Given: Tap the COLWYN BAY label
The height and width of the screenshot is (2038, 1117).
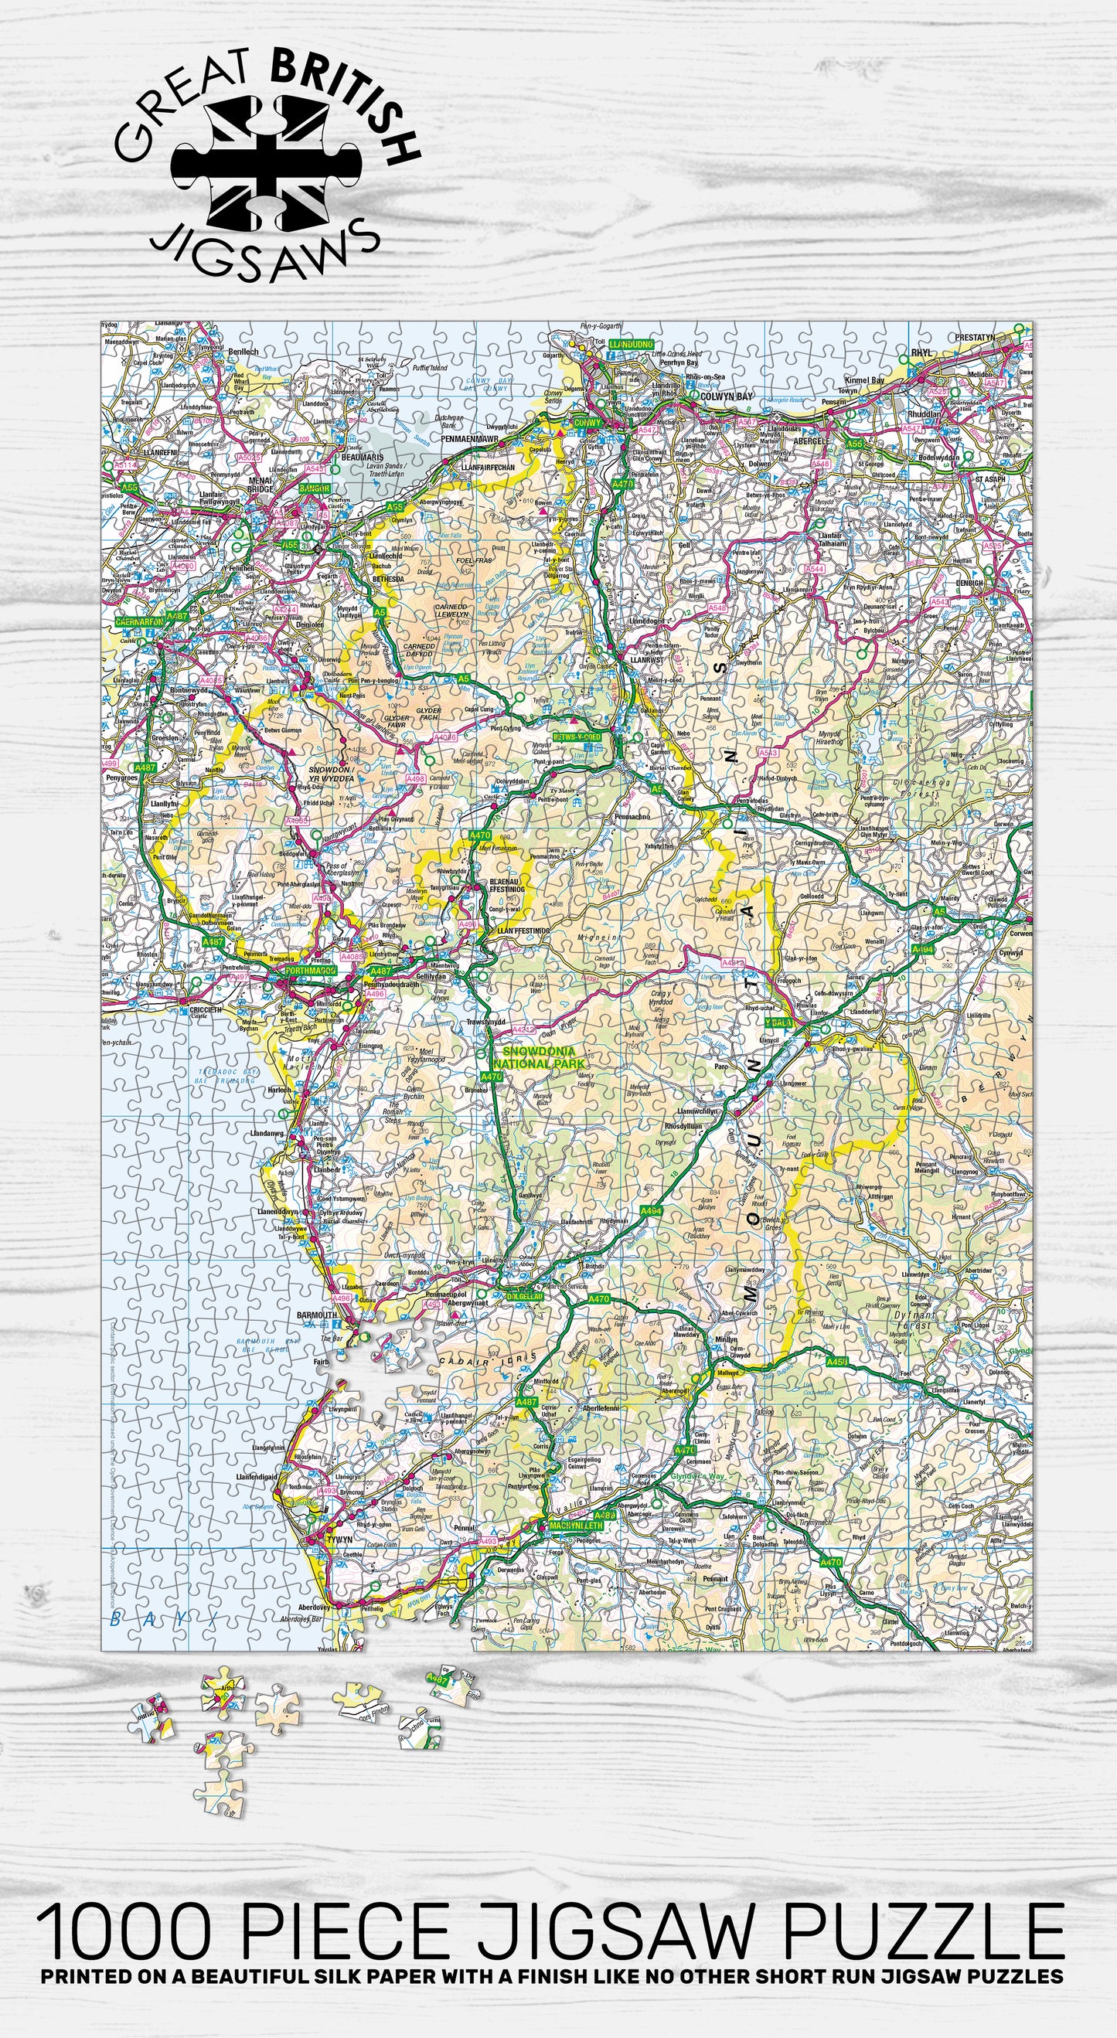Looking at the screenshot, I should click(726, 396).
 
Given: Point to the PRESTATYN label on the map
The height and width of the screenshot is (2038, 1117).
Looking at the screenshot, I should click(974, 338).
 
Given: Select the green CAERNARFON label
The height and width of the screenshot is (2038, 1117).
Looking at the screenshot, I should click(139, 622).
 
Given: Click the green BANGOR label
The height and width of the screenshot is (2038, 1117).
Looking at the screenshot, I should click(313, 489).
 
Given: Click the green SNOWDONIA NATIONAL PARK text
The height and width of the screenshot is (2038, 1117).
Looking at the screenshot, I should click(543, 1058).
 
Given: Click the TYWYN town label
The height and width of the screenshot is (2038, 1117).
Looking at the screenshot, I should click(339, 1540).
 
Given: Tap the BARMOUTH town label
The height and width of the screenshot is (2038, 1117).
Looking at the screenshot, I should click(315, 1315).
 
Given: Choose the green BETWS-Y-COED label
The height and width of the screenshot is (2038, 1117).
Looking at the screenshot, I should click(577, 737).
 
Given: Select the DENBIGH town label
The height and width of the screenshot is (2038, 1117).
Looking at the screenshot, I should click(968, 583).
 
